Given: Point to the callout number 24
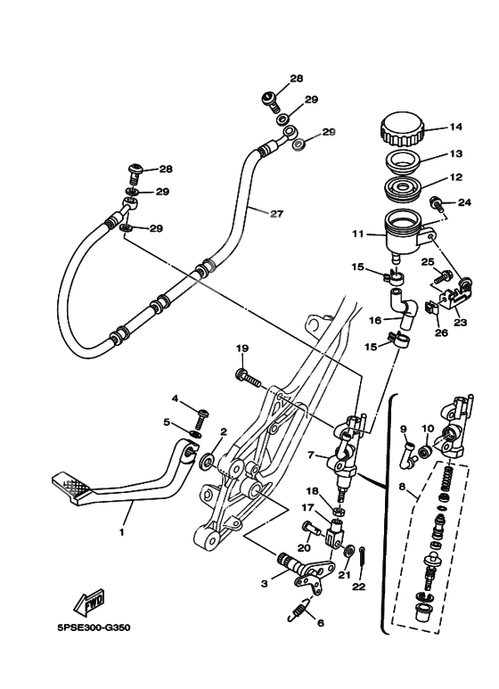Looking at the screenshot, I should [462, 202].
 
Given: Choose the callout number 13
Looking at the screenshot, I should [456, 153].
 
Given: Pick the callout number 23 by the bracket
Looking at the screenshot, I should [462, 324].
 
